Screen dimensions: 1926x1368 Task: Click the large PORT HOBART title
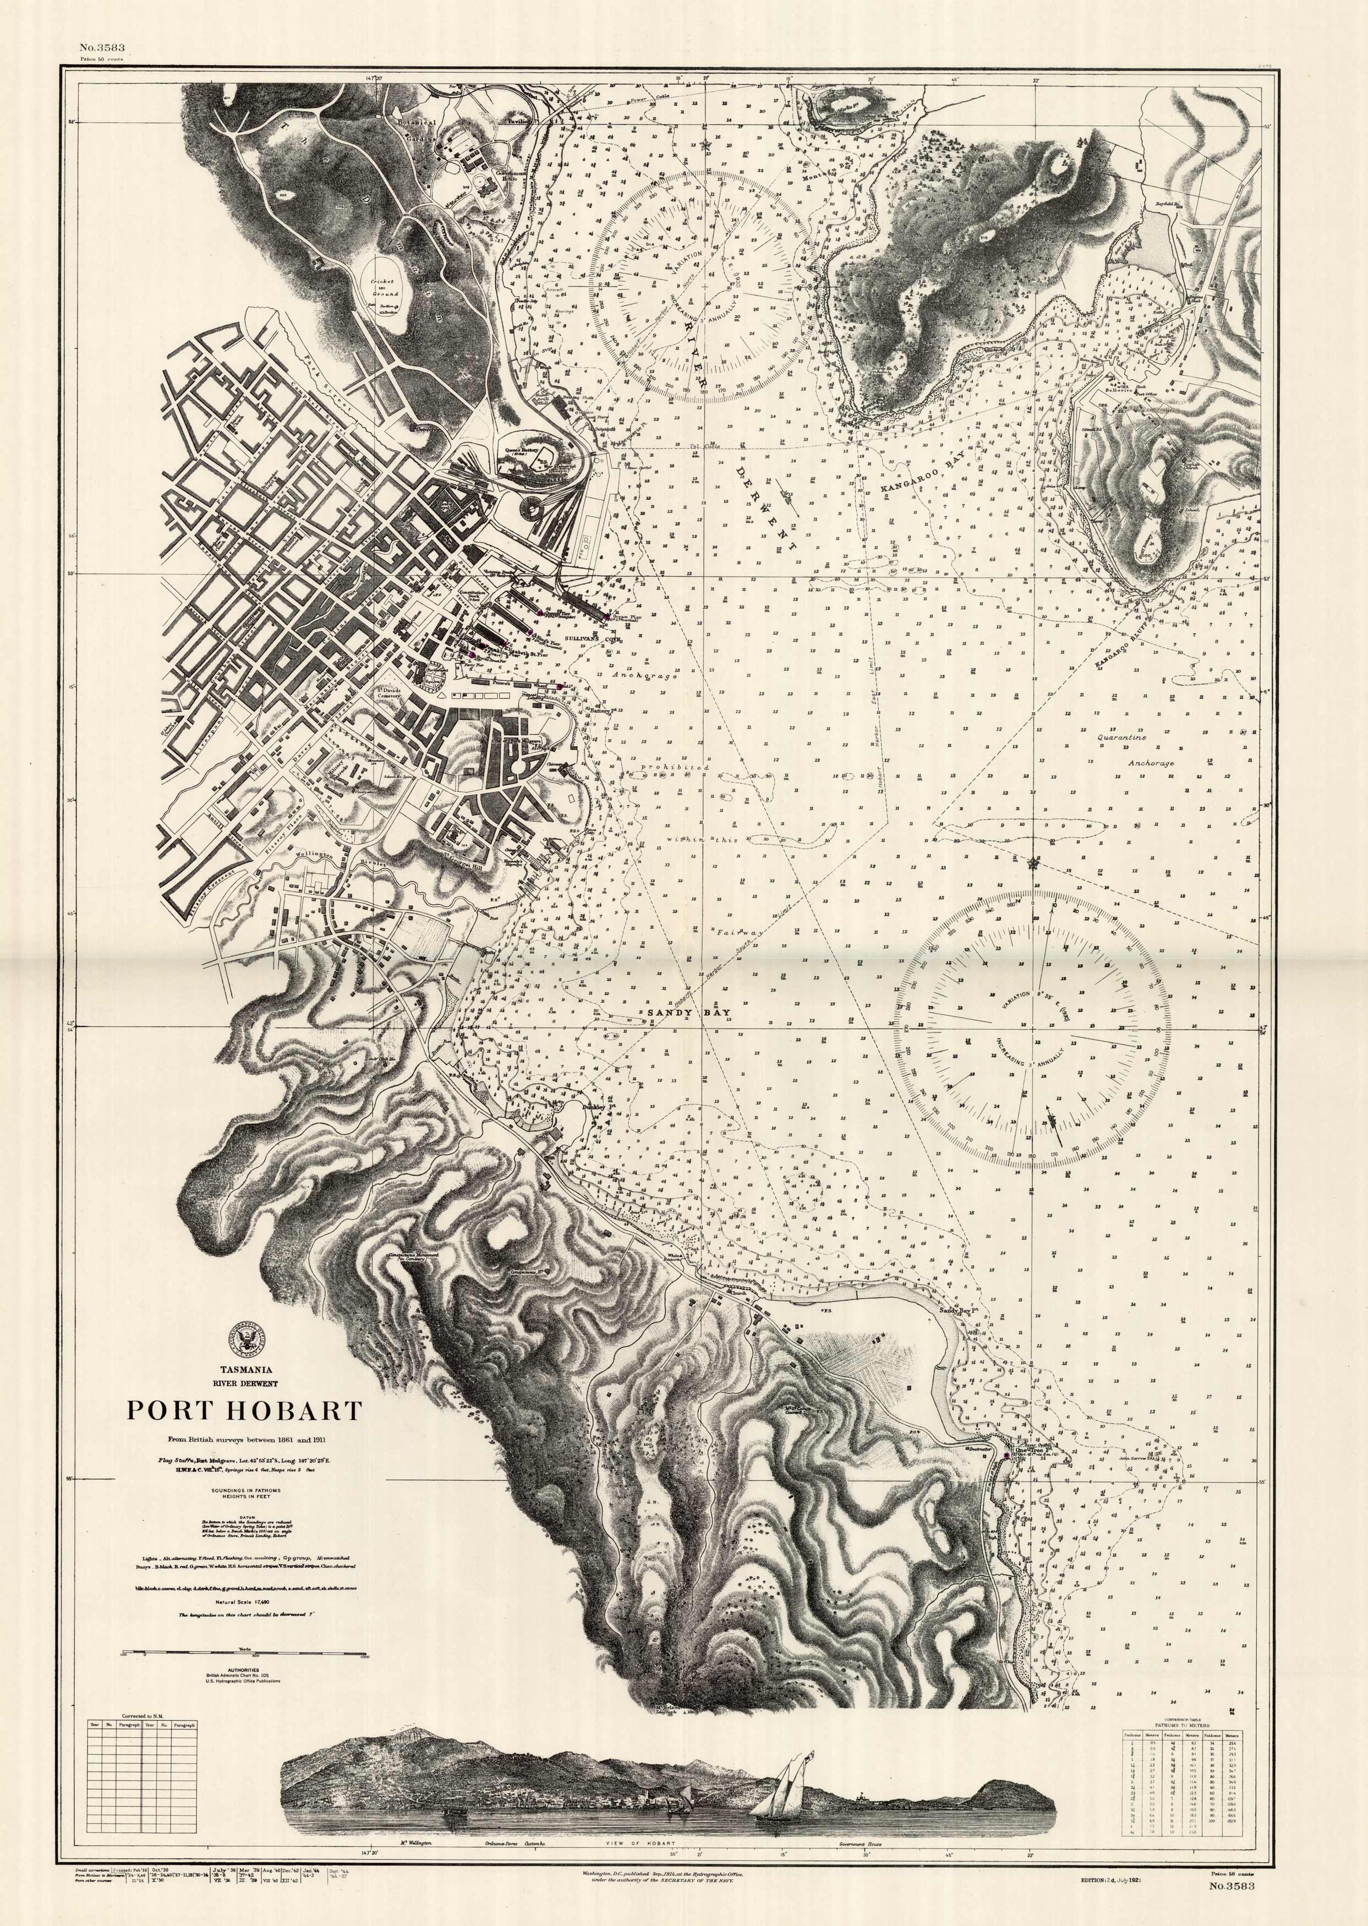(244, 1410)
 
